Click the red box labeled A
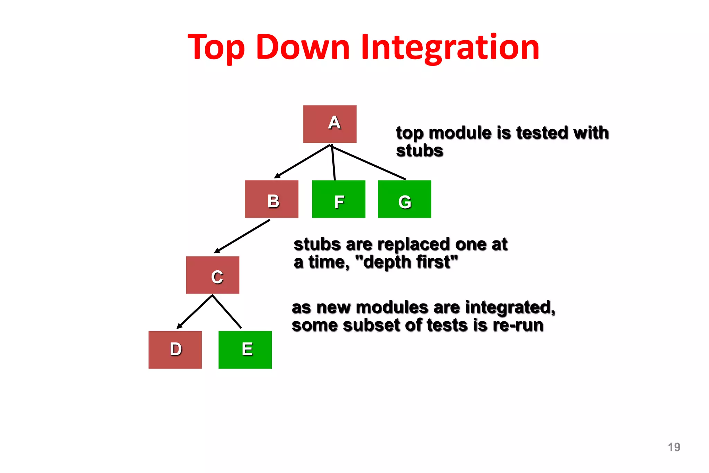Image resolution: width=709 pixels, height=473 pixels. point(330,124)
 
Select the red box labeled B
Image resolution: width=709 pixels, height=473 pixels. point(271,199)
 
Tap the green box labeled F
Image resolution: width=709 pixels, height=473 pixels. point(339,199)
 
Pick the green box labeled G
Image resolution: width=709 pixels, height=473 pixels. point(404,199)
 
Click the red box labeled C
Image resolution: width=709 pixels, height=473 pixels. point(213,275)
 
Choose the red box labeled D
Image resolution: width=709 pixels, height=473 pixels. point(175,350)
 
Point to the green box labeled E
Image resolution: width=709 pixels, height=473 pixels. point(245,350)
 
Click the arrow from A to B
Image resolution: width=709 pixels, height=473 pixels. point(302,161)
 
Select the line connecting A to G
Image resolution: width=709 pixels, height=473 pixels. point(369,163)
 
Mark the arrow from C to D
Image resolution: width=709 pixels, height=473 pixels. point(195,312)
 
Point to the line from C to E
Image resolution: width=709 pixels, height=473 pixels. point(227,312)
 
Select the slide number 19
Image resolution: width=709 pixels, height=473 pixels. point(674,447)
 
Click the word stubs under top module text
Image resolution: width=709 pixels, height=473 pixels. point(419,151)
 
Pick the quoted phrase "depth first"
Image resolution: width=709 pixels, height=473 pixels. point(407,262)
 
